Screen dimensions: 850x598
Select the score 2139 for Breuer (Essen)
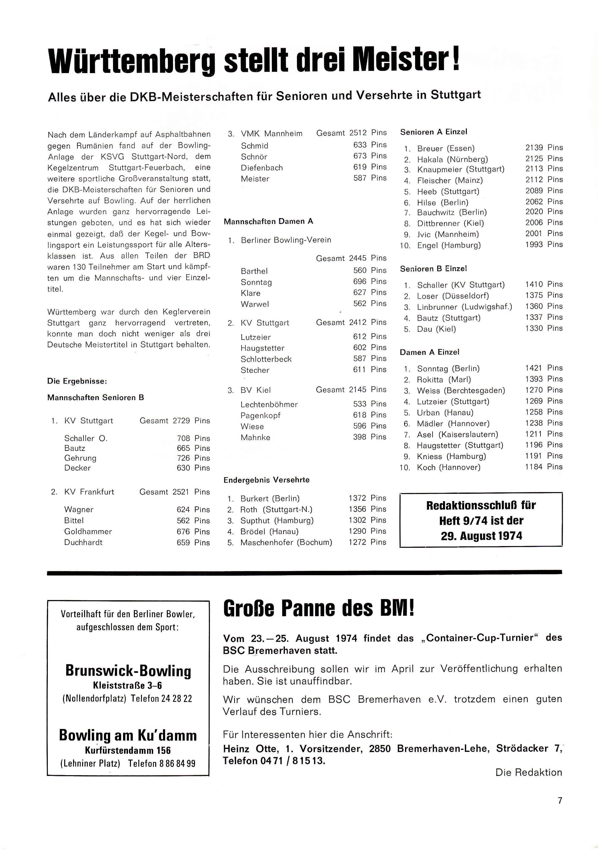coord(534,148)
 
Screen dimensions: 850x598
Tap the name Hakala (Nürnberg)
coord(452,159)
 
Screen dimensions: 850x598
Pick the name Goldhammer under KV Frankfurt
coord(88,532)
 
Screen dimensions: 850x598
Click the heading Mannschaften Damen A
coord(268,221)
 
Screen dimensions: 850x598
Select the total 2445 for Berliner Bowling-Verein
coord(358,258)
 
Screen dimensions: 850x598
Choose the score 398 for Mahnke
coord(359,437)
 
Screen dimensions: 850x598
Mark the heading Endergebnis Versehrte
coord(267,480)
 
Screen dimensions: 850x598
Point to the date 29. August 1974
coord(481,536)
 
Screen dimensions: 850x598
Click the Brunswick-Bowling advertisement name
coord(128,671)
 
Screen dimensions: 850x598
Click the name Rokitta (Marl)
coord(444,380)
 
